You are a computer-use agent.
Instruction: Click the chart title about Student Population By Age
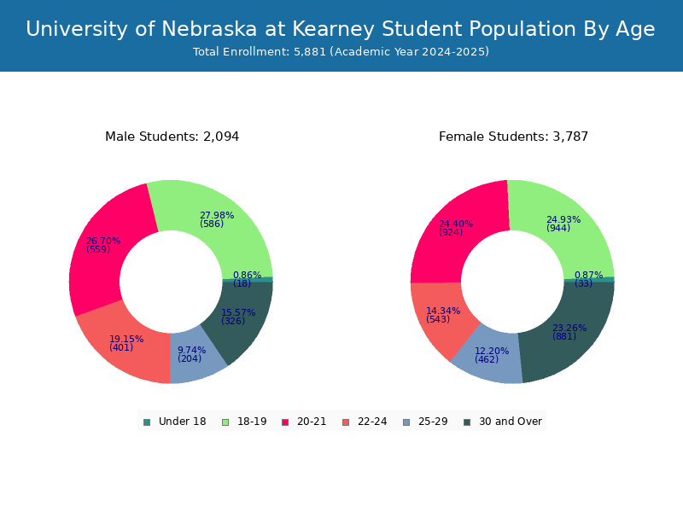[x=340, y=29]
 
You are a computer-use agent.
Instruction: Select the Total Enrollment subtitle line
[x=341, y=52]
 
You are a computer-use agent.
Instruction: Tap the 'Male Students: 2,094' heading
[x=172, y=137]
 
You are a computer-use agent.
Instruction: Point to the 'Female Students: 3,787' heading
[x=514, y=137]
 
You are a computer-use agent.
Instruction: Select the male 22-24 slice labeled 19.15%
[x=126, y=344]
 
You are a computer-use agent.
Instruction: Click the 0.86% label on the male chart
[x=247, y=275]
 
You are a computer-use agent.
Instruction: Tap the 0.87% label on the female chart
[x=588, y=275]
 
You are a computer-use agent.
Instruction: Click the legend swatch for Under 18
[x=147, y=422]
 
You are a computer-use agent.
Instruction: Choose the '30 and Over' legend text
[x=511, y=422]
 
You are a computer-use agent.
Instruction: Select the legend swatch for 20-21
[x=285, y=422]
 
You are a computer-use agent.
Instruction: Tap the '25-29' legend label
[x=433, y=422]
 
